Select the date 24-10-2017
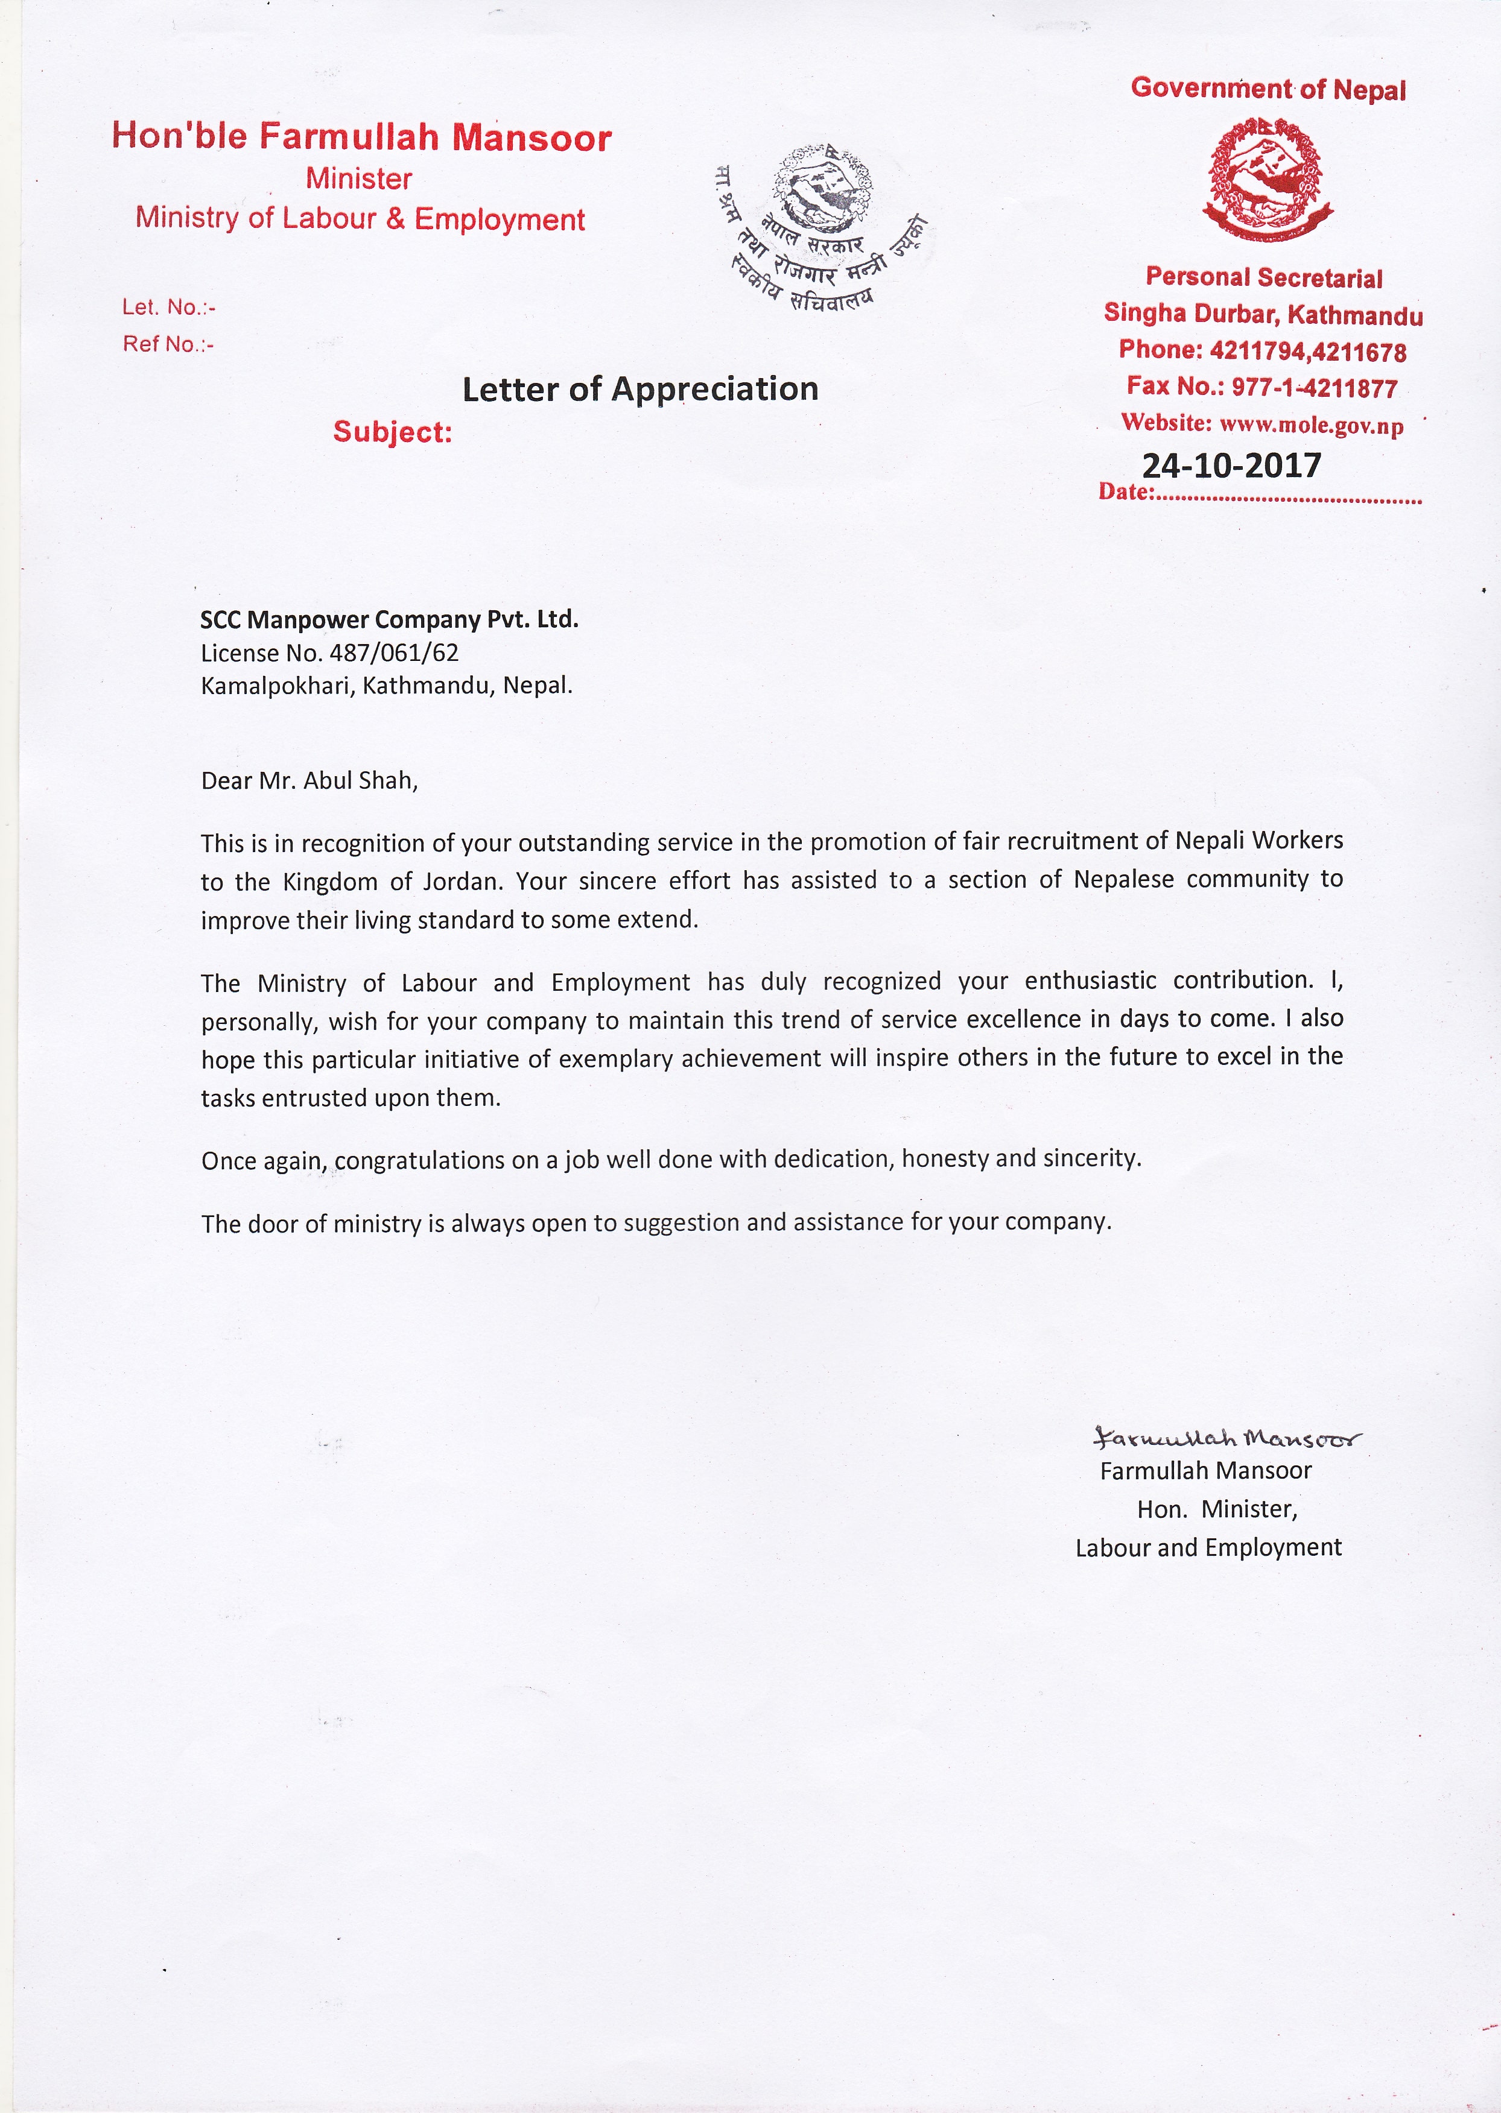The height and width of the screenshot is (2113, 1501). point(1231,466)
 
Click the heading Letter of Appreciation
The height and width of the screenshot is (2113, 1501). point(639,389)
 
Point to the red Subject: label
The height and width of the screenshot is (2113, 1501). point(393,432)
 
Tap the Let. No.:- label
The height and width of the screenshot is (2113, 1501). point(168,307)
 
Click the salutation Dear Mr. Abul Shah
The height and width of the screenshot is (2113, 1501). point(309,781)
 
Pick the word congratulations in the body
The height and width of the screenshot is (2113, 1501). point(420,1160)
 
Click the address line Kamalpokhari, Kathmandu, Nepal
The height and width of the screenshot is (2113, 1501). point(386,686)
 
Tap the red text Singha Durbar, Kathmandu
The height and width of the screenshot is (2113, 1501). point(1263,314)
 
